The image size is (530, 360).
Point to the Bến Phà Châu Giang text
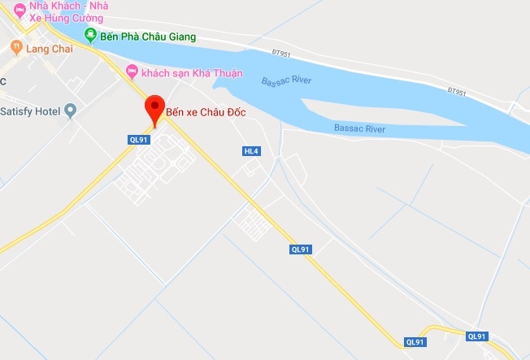coord(147,37)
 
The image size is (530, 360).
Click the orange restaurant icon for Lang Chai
coord(15,49)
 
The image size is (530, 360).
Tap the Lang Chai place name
coord(49,49)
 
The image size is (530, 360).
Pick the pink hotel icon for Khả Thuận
coord(132,73)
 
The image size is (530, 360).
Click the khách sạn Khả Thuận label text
coord(192,73)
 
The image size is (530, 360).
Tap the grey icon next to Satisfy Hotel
coord(71,111)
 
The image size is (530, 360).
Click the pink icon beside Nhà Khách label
coord(19,10)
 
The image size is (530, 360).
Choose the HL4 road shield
coord(250,151)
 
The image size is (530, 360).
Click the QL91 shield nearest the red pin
coord(138,139)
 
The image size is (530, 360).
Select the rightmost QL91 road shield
coord(477,336)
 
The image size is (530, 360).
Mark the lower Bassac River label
coord(359,128)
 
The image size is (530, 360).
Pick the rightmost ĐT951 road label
coord(458,93)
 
